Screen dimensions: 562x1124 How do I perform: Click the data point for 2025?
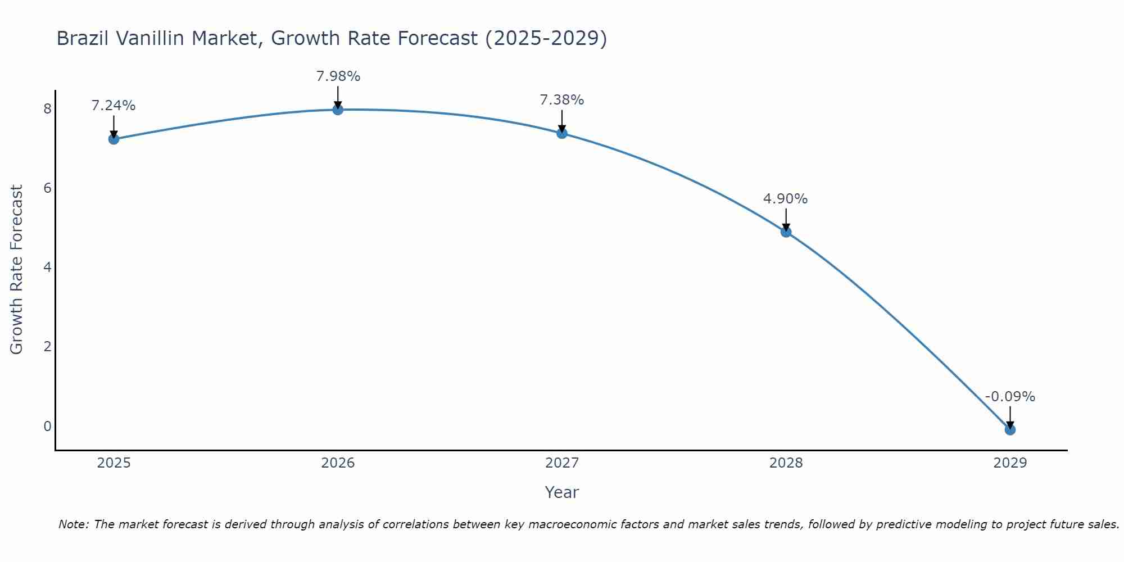coord(114,139)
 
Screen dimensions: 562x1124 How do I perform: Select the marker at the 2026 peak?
coord(338,110)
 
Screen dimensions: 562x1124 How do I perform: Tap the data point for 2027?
coord(562,133)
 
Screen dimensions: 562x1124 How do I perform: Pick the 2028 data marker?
coord(786,232)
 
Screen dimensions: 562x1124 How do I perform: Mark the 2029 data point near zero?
coord(1010,429)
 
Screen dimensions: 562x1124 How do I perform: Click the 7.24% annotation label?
coord(114,106)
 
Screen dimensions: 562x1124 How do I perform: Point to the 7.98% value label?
coord(338,76)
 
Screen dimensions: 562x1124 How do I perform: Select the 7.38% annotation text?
coord(562,100)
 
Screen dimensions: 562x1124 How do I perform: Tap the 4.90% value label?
coord(785,198)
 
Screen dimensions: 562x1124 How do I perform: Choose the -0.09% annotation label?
coord(1010,396)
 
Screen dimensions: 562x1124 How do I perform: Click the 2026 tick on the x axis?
coord(338,463)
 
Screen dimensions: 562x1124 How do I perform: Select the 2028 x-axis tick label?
coord(786,463)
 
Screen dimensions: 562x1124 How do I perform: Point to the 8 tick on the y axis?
coord(47,108)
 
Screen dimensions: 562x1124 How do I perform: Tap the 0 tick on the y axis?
coord(47,426)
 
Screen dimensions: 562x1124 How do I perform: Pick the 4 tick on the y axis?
coord(47,267)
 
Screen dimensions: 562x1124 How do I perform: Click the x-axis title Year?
coord(562,492)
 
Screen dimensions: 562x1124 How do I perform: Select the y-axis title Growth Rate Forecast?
coord(17,270)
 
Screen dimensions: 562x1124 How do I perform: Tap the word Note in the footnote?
coord(73,524)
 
